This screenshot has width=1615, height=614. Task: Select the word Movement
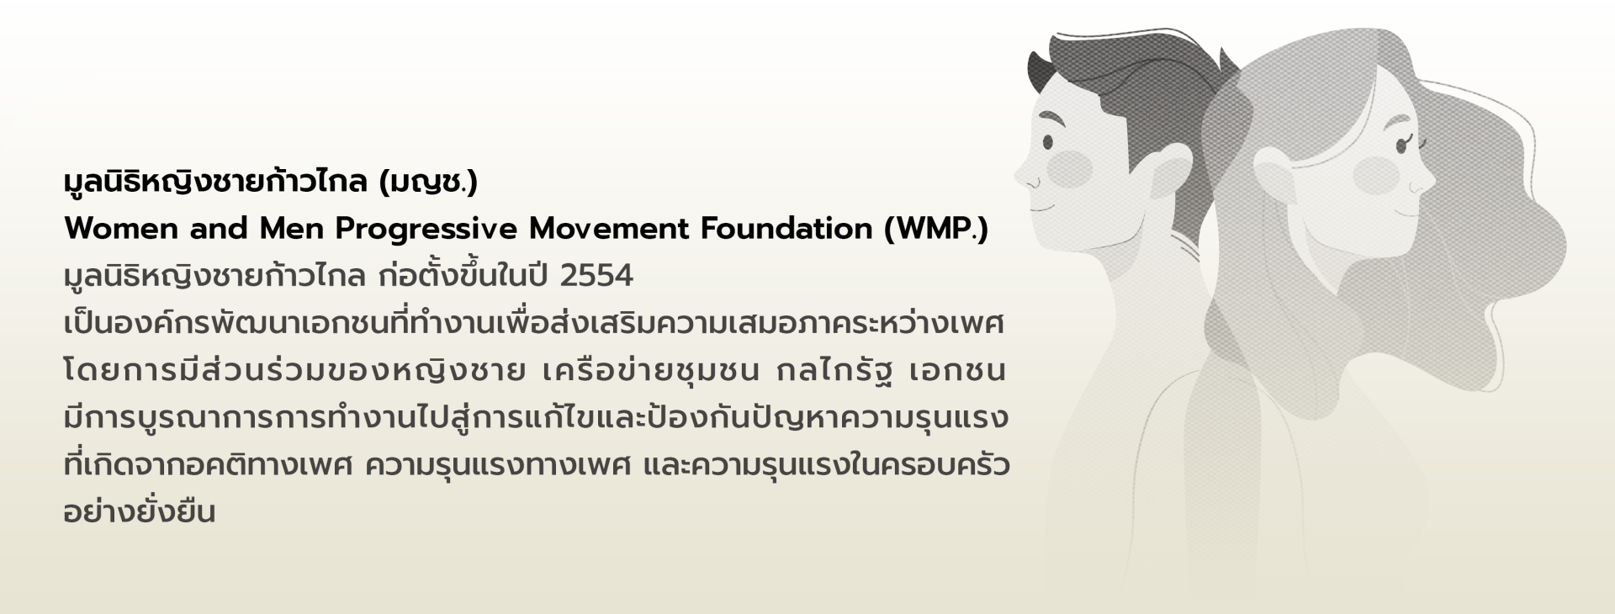(612, 229)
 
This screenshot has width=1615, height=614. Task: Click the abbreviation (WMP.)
(936, 230)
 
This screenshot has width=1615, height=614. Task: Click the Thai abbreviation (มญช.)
(429, 182)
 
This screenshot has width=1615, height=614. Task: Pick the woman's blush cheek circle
(1377, 175)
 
